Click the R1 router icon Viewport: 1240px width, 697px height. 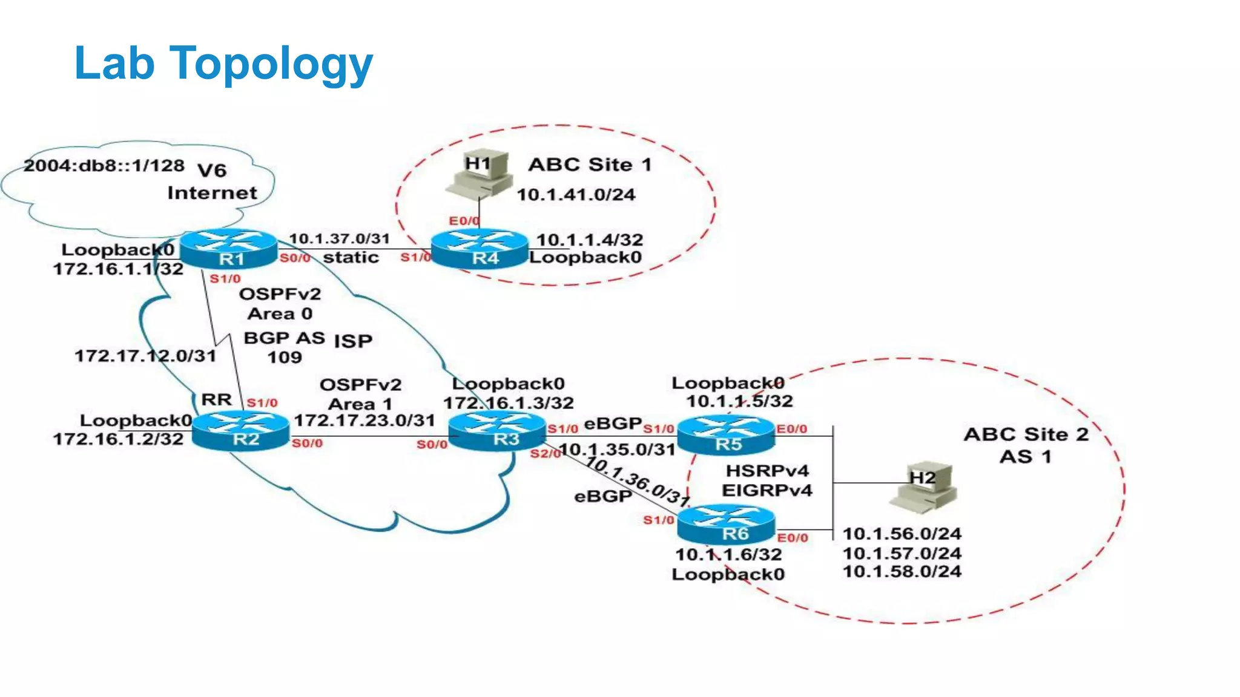pyautogui.click(x=229, y=249)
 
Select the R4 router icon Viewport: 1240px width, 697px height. pyautogui.click(x=480, y=249)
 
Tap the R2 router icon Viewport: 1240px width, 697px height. pyautogui.click(x=241, y=430)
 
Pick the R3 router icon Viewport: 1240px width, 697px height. pyautogui.click(x=498, y=430)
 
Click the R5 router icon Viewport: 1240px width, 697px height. pyautogui.click(x=726, y=435)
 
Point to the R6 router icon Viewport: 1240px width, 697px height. pyautogui.click(x=726, y=525)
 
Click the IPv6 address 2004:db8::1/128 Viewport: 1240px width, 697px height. pyautogui.click(x=104, y=165)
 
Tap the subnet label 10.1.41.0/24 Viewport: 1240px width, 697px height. pyautogui.click(x=576, y=195)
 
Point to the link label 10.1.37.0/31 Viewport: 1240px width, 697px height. pyautogui.click(x=339, y=238)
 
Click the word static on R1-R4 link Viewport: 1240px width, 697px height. pyautogui.click(x=351, y=258)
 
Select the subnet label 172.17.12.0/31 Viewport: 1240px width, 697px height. pyautogui.click(x=145, y=356)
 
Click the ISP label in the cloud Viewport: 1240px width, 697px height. pyautogui.click(x=353, y=341)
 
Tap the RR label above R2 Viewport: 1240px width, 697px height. pyautogui.click(x=216, y=400)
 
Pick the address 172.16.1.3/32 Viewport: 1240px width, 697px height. pyautogui.click(x=508, y=403)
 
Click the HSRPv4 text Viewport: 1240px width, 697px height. pyautogui.click(x=767, y=471)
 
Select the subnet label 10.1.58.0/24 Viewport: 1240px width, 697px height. pyautogui.click(x=902, y=572)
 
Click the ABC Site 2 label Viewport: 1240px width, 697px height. pyautogui.click(x=1026, y=434)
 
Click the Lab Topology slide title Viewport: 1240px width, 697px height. pyautogui.click(x=223, y=63)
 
